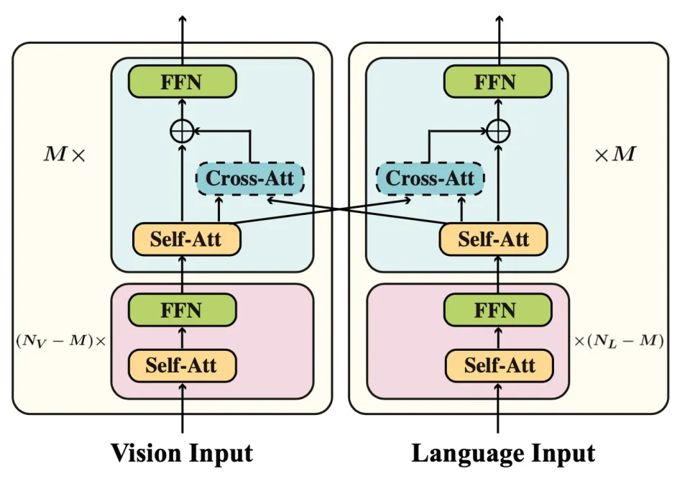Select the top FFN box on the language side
click(497, 82)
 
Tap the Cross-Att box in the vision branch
click(250, 178)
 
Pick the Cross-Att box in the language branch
click(430, 178)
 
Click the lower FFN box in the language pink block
click(497, 311)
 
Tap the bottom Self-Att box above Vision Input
click(182, 365)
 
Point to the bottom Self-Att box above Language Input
click(500, 365)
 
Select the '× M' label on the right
click(615, 154)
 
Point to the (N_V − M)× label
click(60, 339)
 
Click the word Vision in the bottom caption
click(146, 454)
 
